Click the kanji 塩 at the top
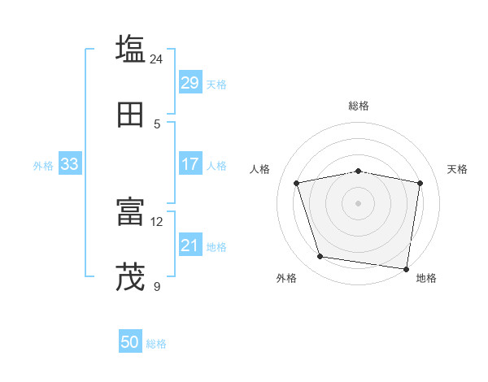pos(130,49)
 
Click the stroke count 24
pos(157,59)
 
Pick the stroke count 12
pos(157,222)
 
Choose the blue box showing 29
pos(190,83)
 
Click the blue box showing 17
pos(190,164)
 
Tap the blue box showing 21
pos(190,245)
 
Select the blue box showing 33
pos(69,164)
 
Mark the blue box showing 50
pos(130,343)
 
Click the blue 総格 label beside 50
pos(156,344)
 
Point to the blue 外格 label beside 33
pos(43,166)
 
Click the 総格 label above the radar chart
pos(359,106)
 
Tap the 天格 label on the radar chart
pos(458,169)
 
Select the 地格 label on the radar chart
pos(426,278)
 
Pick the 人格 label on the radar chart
pos(260,169)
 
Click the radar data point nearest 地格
pos(406,268)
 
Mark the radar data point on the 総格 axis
pos(359,171)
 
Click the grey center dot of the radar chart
pos(359,203)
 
